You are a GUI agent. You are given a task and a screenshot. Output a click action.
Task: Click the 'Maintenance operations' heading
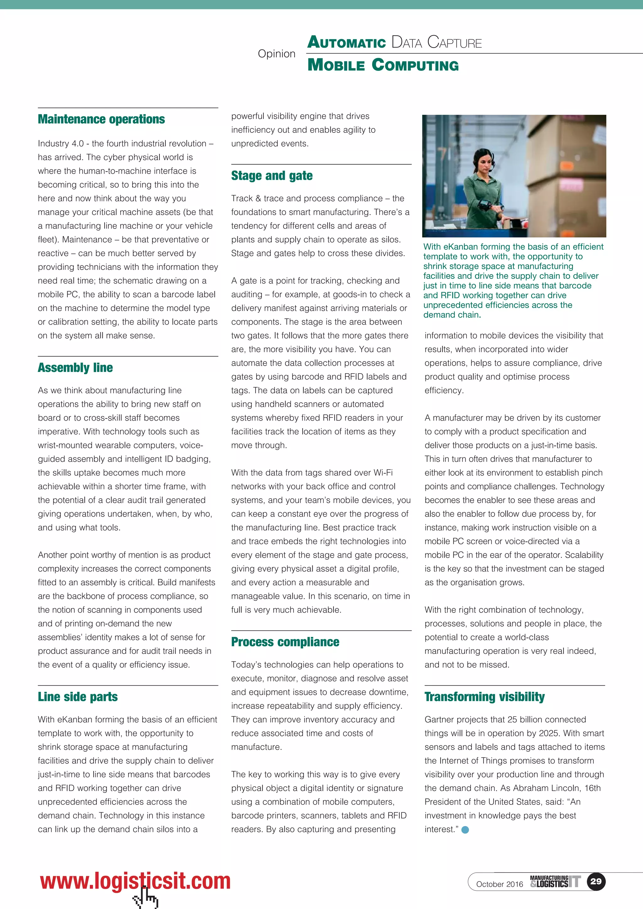pos(101,119)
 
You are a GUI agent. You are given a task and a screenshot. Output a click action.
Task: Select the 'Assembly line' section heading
pos(75,368)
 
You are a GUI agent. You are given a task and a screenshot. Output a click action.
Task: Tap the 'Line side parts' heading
pos(78,697)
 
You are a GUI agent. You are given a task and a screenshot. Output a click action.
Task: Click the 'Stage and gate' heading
pos(272,175)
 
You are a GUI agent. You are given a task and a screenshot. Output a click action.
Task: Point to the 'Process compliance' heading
pos(285,642)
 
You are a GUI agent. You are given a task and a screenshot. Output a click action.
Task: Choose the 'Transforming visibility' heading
pos(484,697)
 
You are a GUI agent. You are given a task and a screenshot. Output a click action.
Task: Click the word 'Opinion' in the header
pos(276,54)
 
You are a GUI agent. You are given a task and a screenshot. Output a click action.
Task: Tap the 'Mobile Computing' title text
pos(383,65)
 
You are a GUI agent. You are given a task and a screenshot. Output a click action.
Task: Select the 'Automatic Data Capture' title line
pos(394,42)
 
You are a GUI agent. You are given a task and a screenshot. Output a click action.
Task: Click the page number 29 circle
pos(596,881)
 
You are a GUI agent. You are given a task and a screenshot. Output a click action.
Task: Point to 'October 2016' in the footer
pos(499,884)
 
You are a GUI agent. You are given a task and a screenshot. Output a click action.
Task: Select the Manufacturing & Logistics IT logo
pos(555,881)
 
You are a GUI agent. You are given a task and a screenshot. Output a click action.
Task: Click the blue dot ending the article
pos(465,830)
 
